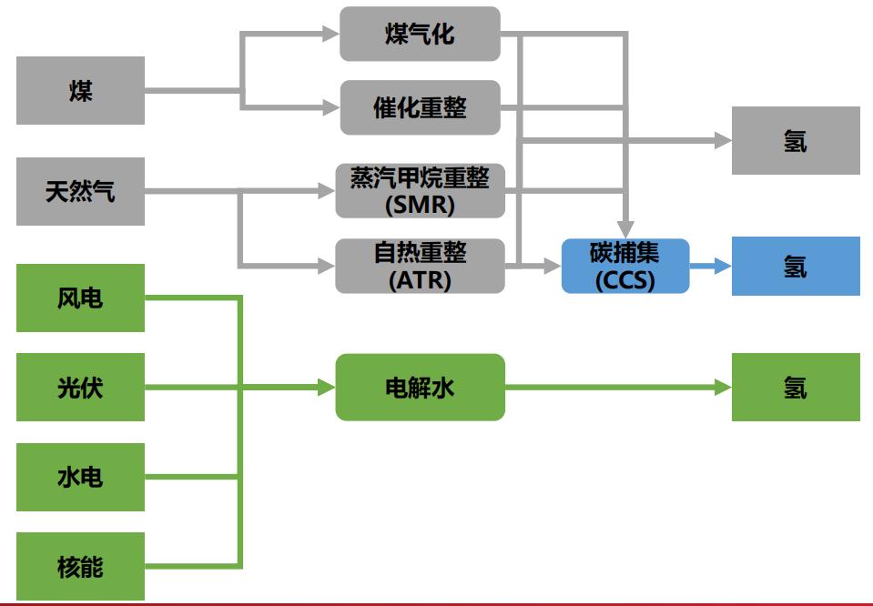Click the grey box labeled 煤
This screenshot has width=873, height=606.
pyautogui.click(x=80, y=91)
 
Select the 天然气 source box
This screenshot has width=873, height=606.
pyautogui.click(x=80, y=192)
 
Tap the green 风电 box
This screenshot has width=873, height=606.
pyautogui.click(x=80, y=298)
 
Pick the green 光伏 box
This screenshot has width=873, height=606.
pyautogui.click(x=80, y=388)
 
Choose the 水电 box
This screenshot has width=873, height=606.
pyautogui.click(x=80, y=477)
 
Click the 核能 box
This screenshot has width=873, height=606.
pyautogui.click(x=80, y=566)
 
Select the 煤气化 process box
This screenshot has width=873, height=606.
pyautogui.click(x=420, y=35)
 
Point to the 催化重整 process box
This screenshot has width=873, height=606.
pyautogui.click(x=420, y=106)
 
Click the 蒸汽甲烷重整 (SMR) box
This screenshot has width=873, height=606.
pyautogui.click(x=420, y=191)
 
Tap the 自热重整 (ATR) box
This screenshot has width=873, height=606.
pyautogui.click(x=420, y=266)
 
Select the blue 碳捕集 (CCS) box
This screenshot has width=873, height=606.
pyautogui.click(x=624, y=266)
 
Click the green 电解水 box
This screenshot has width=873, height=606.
pyautogui.click(x=420, y=388)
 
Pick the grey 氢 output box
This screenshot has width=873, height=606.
pyautogui.click(x=795, y=141)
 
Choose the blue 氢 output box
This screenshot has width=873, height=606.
pyautogui.click(x=795, y=266)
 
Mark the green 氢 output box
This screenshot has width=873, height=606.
pyautogui.click(x=795, y=388)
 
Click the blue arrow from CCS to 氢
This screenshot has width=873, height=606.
pyautogui.click(x=709, y=266)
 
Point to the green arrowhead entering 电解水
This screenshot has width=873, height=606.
pyautogui.click(x=326, y=388)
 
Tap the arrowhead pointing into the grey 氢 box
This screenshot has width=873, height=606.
pyautogui.click(x=723, y=141)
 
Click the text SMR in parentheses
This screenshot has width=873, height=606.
pyautogui.click(x=420, y=206)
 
